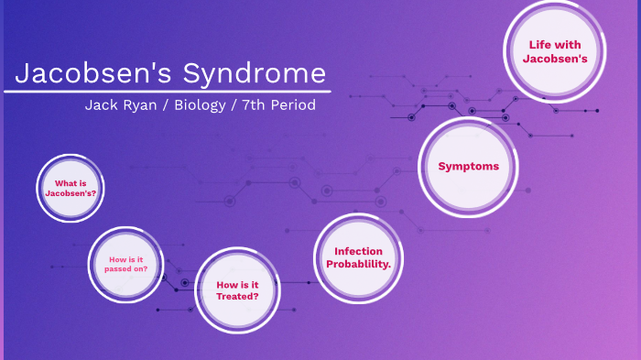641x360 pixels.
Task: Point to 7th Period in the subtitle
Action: (x=278, y=105)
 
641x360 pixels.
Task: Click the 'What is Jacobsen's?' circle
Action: (x=71, y=189)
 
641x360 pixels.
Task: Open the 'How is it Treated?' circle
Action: (x=237, y=290)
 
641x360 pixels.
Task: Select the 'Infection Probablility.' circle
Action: (x=358, y=257)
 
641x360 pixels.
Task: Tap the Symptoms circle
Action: (x=468, y=166)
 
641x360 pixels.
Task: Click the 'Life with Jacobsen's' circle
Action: (x=554, y=51)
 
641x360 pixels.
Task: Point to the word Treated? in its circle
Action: (x=237, y=297)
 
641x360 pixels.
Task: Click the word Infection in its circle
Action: (x=358, y=251)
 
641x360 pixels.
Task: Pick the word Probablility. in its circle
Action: (x=358, y=265)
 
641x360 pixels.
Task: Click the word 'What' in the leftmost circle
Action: (x=64, y=183)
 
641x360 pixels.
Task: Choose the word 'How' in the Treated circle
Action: (x=225, y=284)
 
